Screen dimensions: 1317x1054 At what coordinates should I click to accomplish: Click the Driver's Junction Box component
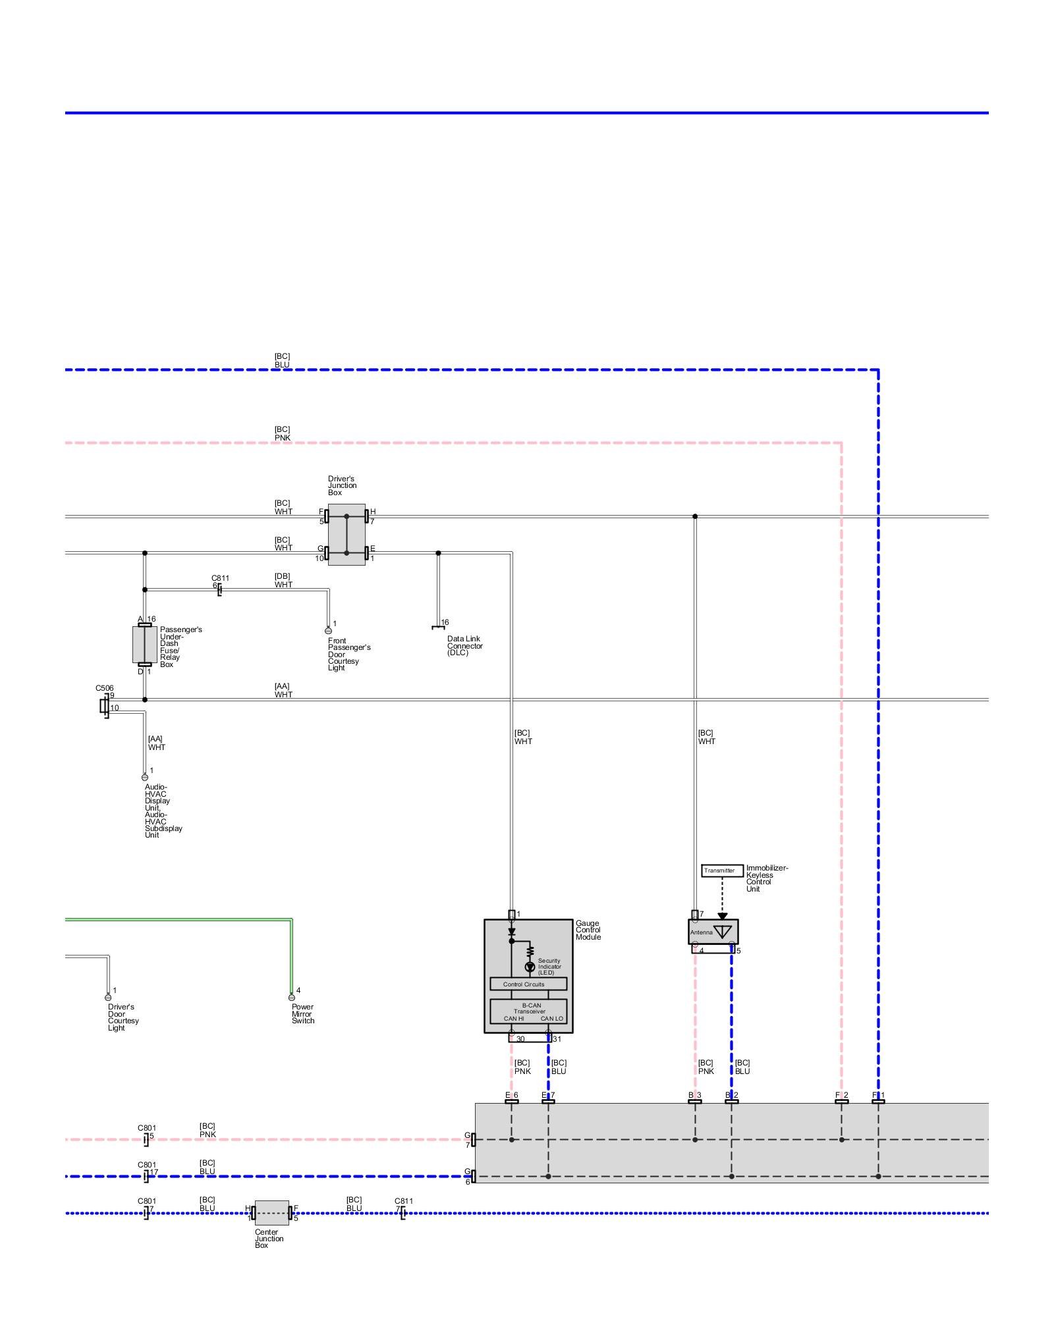(347, 534)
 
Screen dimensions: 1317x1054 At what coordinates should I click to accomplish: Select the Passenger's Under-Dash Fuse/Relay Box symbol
(144, 645)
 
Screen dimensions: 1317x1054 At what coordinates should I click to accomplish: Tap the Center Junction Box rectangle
(271, 1212)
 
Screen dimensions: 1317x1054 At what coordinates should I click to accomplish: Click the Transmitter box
(722, 871)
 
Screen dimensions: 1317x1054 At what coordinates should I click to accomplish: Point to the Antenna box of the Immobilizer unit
(713, 932)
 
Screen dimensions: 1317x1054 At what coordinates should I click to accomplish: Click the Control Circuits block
(528, 984)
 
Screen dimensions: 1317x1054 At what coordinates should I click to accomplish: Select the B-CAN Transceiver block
(528, 1011)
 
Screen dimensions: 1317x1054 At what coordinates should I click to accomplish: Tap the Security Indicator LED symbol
(530, 967)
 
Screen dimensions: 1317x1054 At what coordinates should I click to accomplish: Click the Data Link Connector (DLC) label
(464, 645)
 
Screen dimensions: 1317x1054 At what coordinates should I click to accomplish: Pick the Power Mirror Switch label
(303, 1013)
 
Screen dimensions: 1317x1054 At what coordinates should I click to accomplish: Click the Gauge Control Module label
(588, 930)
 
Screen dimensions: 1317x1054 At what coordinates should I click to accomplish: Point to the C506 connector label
(104, 688)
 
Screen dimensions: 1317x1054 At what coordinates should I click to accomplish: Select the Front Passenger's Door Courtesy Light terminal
(328, 630)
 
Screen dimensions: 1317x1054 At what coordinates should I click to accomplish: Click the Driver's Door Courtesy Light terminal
(108, 997)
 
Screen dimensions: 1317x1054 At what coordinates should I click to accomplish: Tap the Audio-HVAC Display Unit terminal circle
(145, 777)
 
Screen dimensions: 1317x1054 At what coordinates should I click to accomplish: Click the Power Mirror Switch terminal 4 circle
(291, 997)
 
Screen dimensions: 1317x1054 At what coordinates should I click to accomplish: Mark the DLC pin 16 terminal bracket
(437, 628)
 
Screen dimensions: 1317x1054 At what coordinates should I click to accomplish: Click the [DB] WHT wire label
(283, 580)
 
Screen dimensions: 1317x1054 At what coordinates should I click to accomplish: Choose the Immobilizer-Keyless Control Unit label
(766, 878)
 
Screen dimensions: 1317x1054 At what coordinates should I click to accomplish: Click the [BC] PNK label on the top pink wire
(282, 433)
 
